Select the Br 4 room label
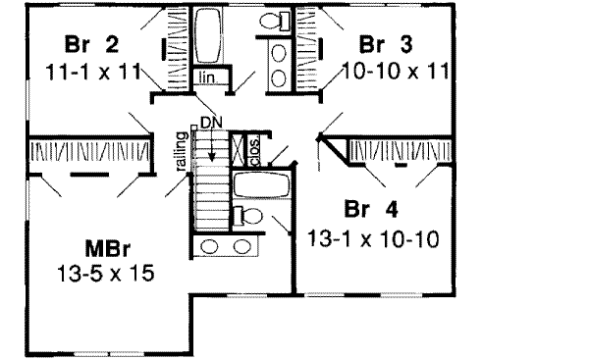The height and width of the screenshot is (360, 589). [x=367, y=210]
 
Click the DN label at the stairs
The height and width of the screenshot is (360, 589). [x=207, y=122]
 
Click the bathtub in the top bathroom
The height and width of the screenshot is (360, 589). [x=208, y=35]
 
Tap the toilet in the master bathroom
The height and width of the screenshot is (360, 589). [x=246, y=216]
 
